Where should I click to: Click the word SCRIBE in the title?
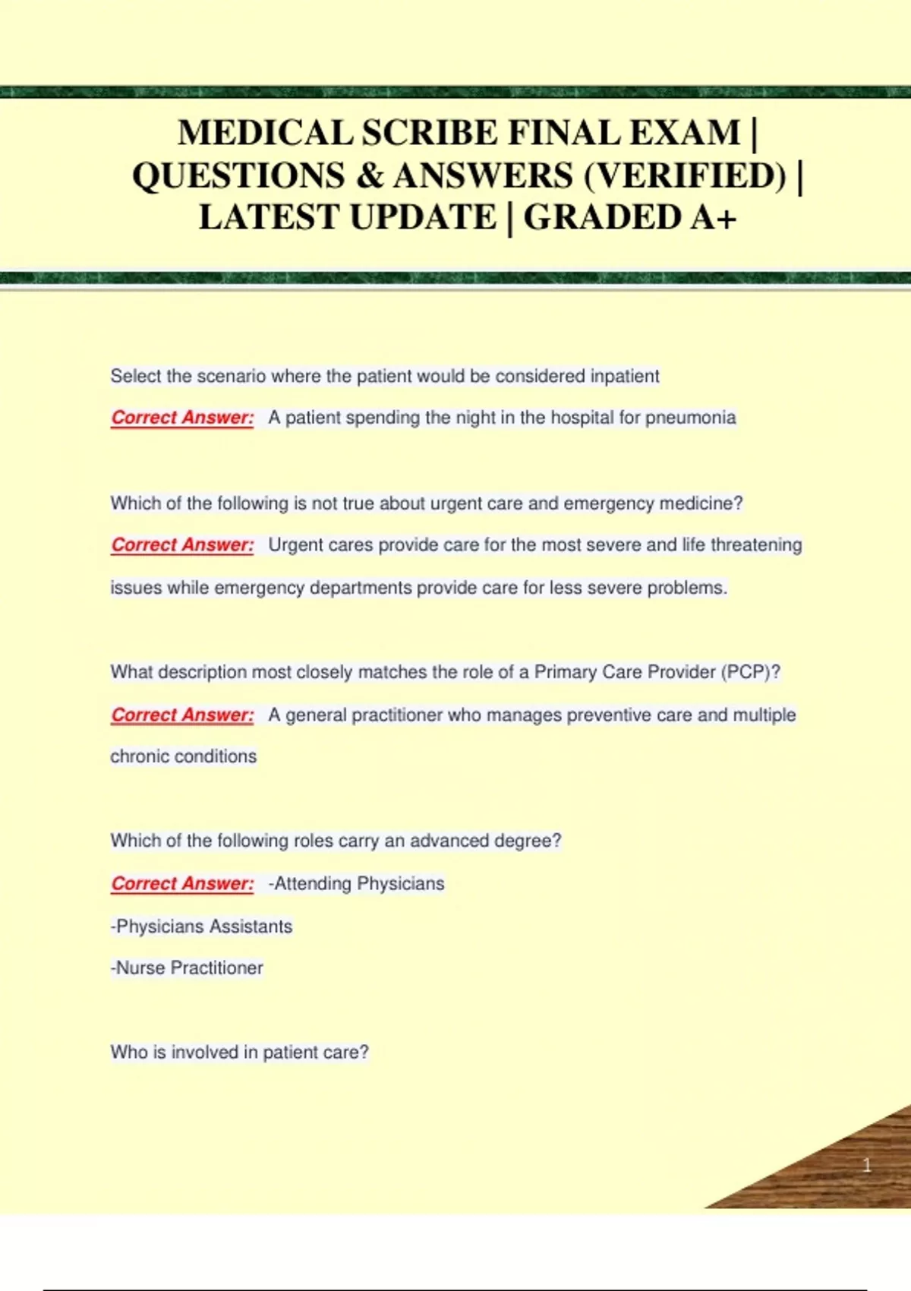tap(430, 133)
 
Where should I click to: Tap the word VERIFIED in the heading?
tap(686, 175)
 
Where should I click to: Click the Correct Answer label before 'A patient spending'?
tap(182, 418)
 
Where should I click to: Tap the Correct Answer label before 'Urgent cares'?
tap(182, 545)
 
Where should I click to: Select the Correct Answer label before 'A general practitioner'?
tap(182, 715)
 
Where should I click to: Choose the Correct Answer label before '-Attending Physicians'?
tap(182, 884)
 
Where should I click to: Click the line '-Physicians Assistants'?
tap(201, 926)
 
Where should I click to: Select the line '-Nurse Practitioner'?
tap(187, 968)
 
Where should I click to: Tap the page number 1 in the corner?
tap(866, 1165)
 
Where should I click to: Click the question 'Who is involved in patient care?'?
tap(239, 1053)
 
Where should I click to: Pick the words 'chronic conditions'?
tap(183, 756)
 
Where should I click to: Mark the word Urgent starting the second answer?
tap(296, 545)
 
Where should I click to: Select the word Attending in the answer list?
tap(313, 884)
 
